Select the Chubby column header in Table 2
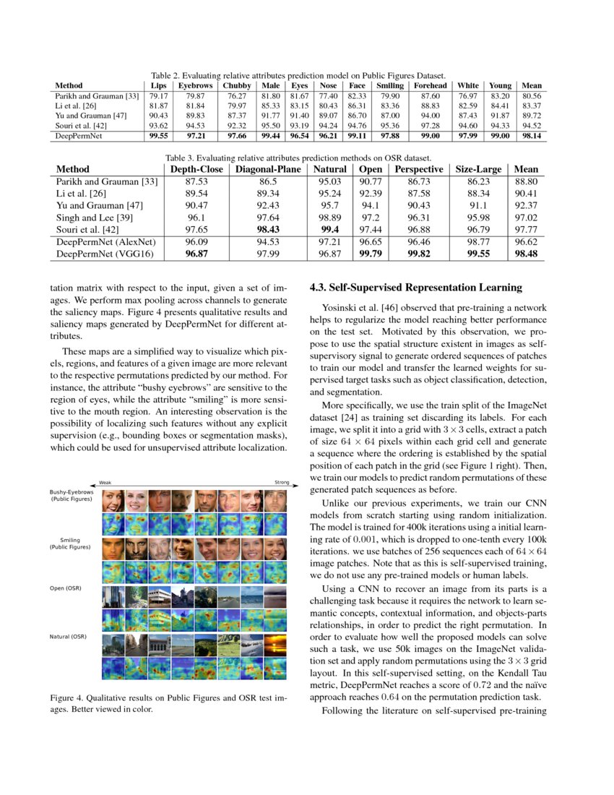tap(237, 85)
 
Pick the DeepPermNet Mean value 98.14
tap(531, 135)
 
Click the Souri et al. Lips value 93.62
tap(158, 125)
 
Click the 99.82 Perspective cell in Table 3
tap(419, 254)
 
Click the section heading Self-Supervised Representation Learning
tap(415, 288)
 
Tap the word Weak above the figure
tap(105, 483)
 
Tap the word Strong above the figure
tap(282, 483)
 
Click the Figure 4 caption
tap(169, 704)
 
